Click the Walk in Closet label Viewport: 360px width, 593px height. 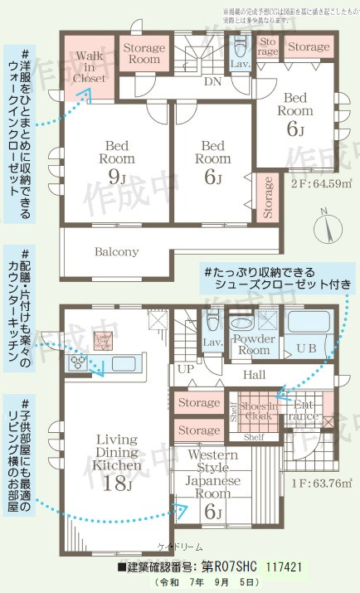click(89, 67)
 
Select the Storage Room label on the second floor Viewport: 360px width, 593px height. click(144, 54)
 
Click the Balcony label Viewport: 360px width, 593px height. click(115, 250)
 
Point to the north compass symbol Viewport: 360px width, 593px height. click(324, 224)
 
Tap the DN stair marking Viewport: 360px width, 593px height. click(212, 82)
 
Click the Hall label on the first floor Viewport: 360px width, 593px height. click(254, 375)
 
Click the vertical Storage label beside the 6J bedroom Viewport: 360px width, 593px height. click(267, 198)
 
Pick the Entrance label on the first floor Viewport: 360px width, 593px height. click(305, 411)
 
